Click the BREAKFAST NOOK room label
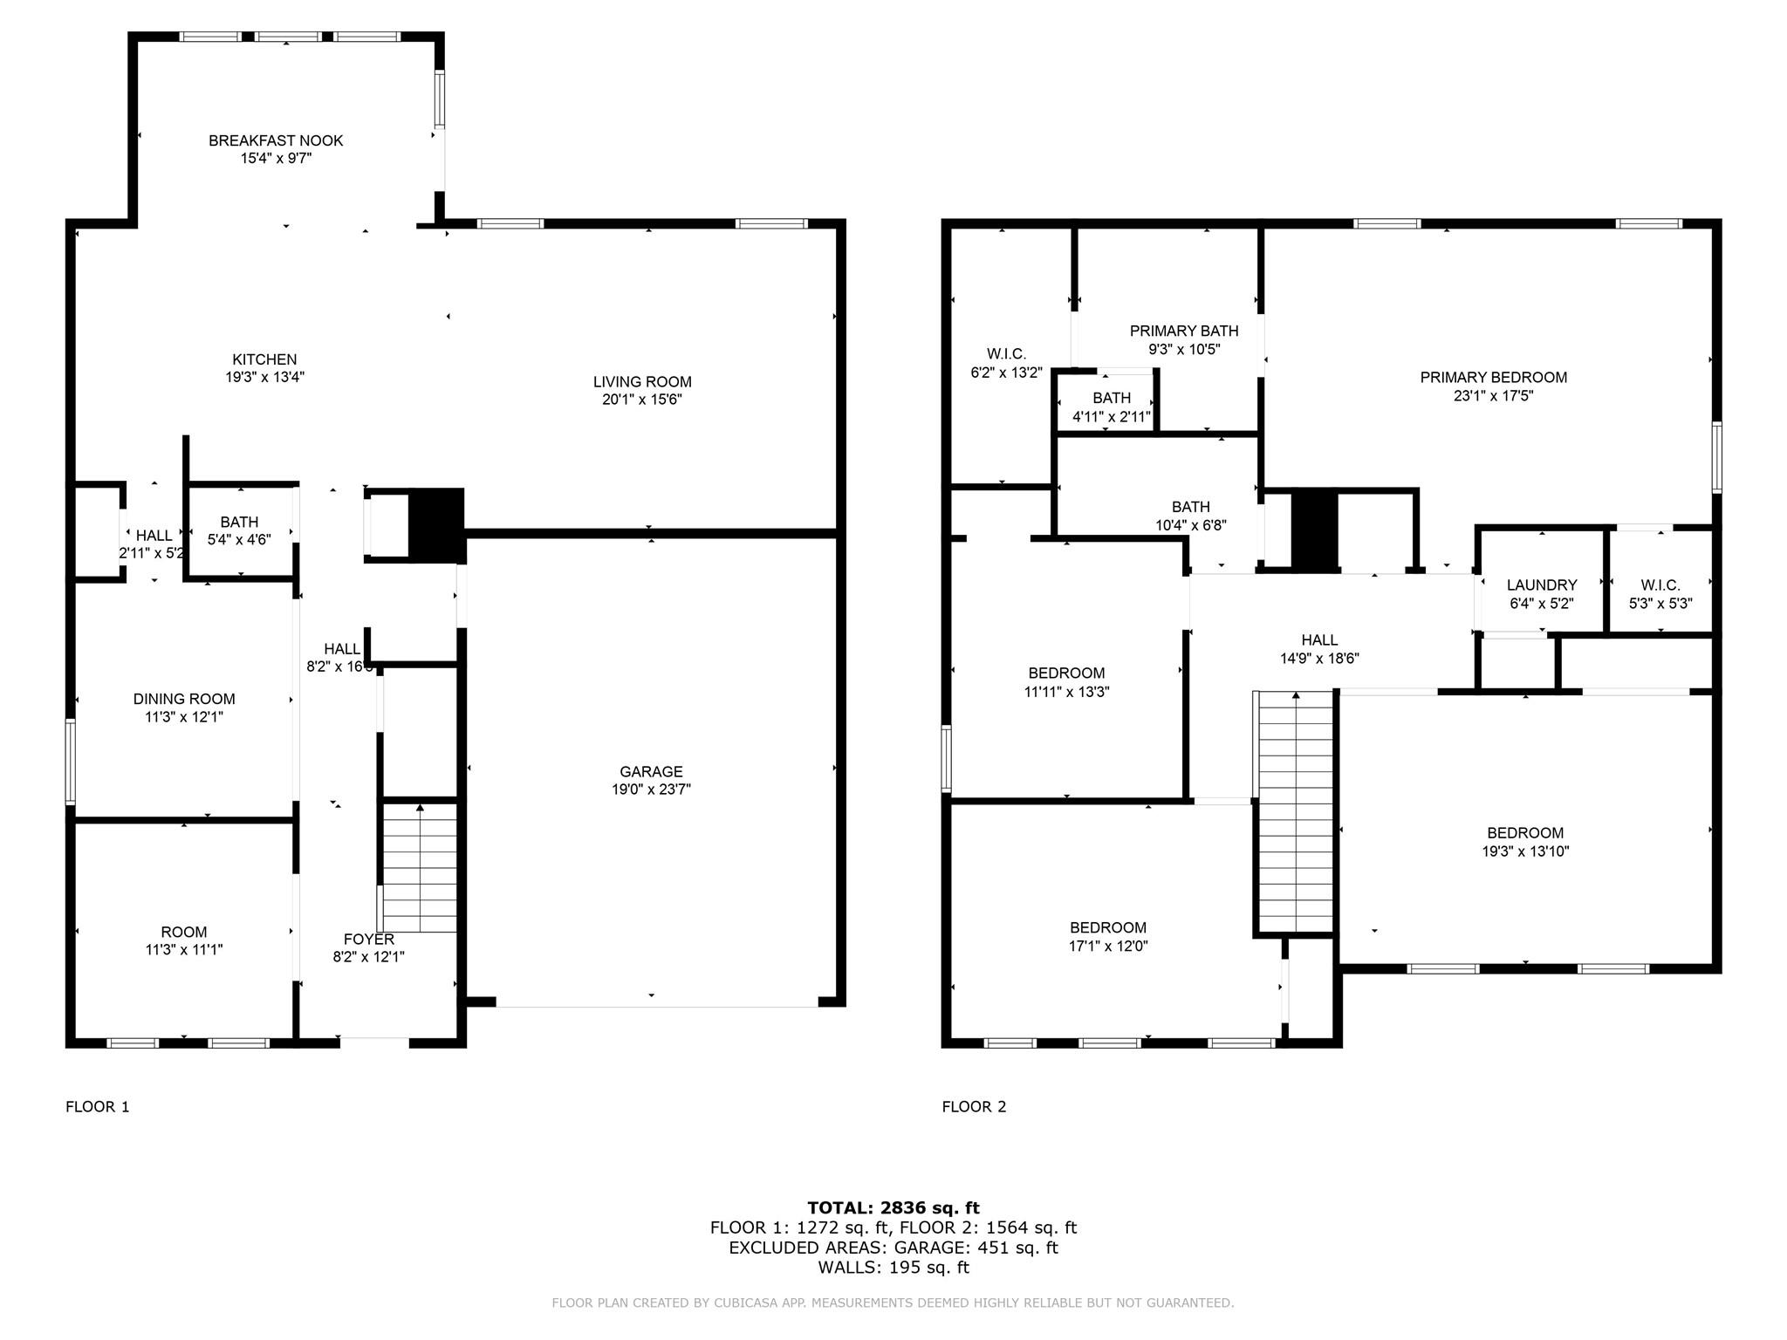276,140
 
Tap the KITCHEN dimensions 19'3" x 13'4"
264,378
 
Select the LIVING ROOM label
642,381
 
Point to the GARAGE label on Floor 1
651,771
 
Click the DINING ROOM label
184,699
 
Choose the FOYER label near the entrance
368,940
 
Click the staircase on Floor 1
420,868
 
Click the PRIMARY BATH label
1183,331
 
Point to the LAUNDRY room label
1541,585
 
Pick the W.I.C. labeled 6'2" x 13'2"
1006,363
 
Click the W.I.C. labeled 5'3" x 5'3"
1660,594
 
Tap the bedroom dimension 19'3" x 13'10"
1525,851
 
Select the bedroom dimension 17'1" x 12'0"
1108,946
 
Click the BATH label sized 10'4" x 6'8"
1190,516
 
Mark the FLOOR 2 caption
974,1106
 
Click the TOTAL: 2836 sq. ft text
893,1207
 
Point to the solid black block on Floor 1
435,523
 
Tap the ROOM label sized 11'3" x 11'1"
184,940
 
